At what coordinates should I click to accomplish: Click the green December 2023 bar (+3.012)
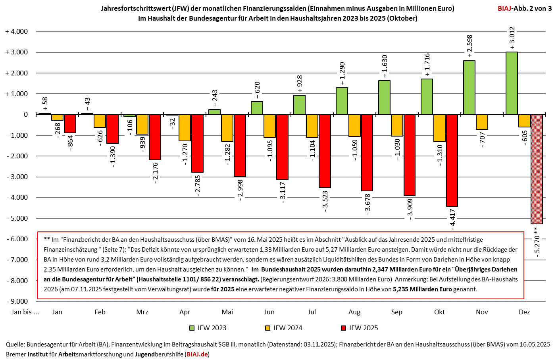coord(512,83)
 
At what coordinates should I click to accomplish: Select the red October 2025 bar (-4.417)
coord(452,160)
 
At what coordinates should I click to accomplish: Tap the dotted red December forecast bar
coord(537,169)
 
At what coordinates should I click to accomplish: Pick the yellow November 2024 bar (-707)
coord(482,122)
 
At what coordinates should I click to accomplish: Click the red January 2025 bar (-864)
coord(70,124)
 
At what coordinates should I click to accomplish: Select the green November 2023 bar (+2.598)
coord(469,88)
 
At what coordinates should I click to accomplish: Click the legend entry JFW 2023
coord(208,328)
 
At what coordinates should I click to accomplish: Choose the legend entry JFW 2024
coord(283,328)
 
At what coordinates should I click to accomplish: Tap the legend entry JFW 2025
coord(359,328)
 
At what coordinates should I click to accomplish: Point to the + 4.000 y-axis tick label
coord(16,32)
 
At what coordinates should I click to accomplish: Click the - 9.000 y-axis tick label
coord(17,301)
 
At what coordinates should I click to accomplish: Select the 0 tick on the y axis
coord(26,115)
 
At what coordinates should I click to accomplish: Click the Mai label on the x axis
coord(227,312)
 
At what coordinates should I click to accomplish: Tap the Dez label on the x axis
coord(524,312)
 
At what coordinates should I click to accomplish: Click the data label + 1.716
coord(427,64)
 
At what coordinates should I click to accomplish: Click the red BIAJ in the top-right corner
coord(505,8)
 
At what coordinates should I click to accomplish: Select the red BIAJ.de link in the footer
coord(197,354)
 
